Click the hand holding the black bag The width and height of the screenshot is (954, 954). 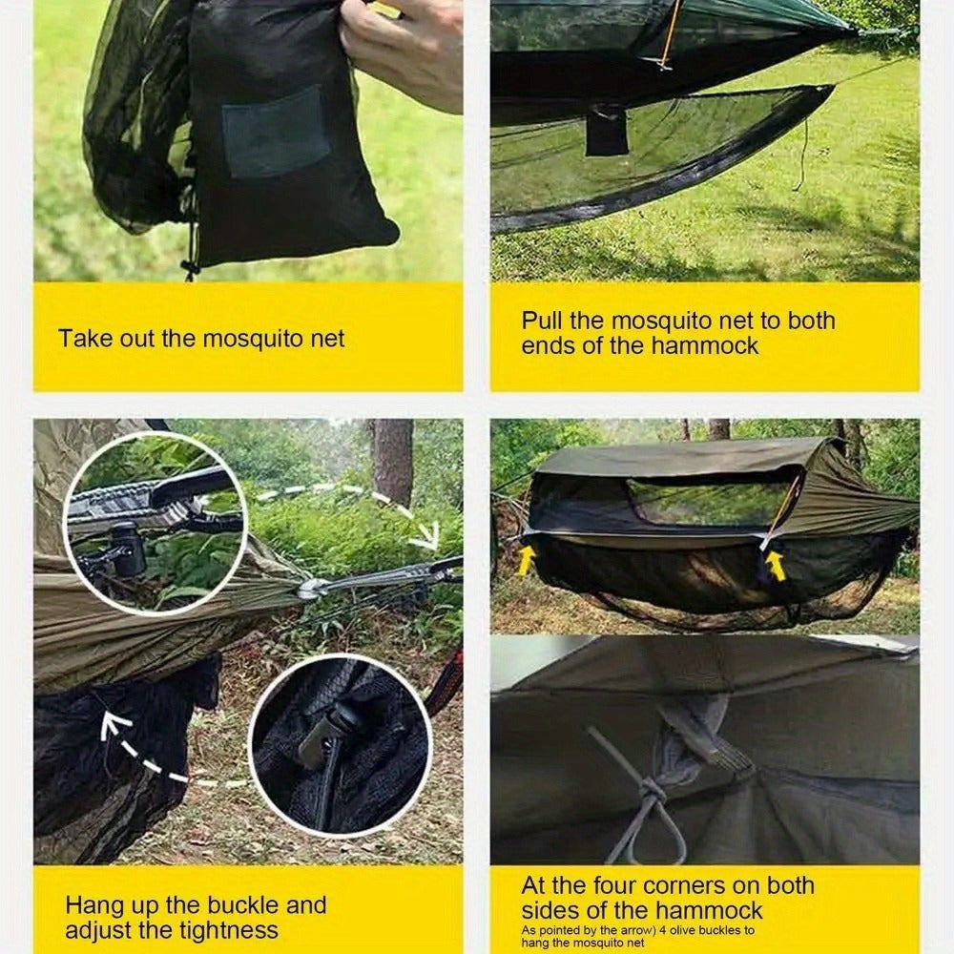[404, 52]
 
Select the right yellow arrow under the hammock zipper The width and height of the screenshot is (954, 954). [775, 565]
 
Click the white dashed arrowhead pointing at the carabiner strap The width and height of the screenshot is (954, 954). [425, 535]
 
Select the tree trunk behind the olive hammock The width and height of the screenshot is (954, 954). [392, 463]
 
